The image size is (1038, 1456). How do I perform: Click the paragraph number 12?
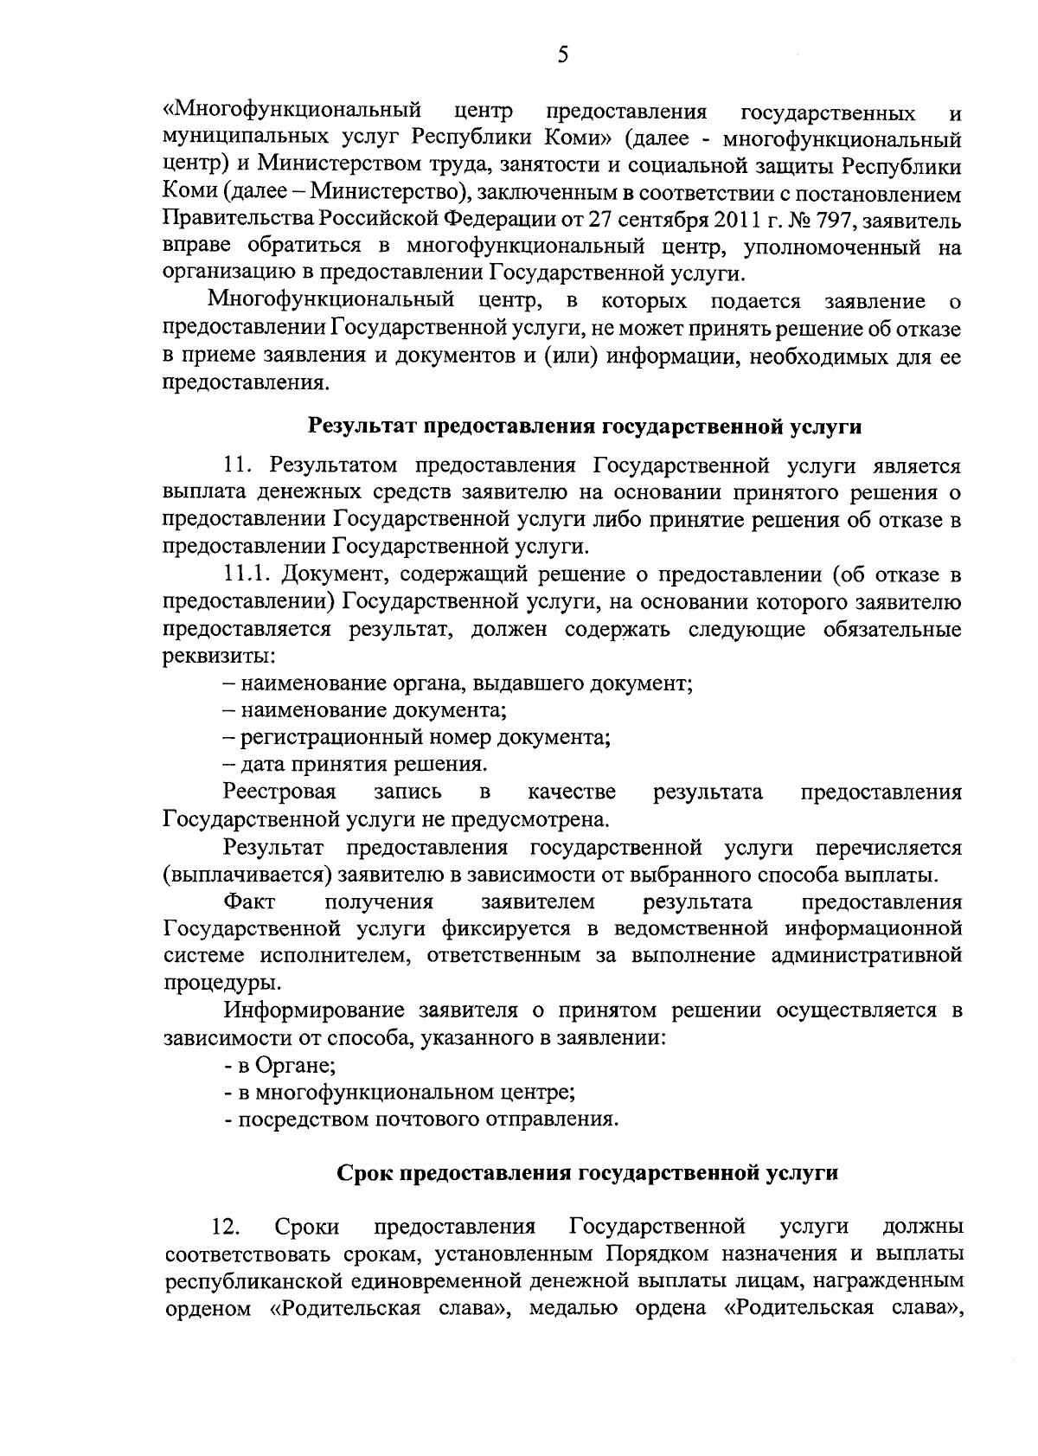(x=225, y=1227)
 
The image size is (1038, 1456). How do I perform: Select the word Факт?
(x=249, y=902)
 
